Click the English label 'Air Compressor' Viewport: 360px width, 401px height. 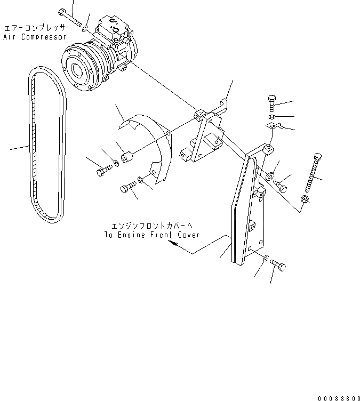(35, 37)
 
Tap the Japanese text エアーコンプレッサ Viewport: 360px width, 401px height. (35, 27)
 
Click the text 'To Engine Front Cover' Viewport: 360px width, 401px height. (152, 235)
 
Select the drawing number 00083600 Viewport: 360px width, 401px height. (339, 397)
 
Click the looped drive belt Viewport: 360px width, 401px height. (46, 144)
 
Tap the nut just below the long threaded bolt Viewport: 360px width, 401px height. (305, 199)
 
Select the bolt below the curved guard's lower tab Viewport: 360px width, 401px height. (127, 187)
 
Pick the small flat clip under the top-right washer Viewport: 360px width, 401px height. (272, 126)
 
